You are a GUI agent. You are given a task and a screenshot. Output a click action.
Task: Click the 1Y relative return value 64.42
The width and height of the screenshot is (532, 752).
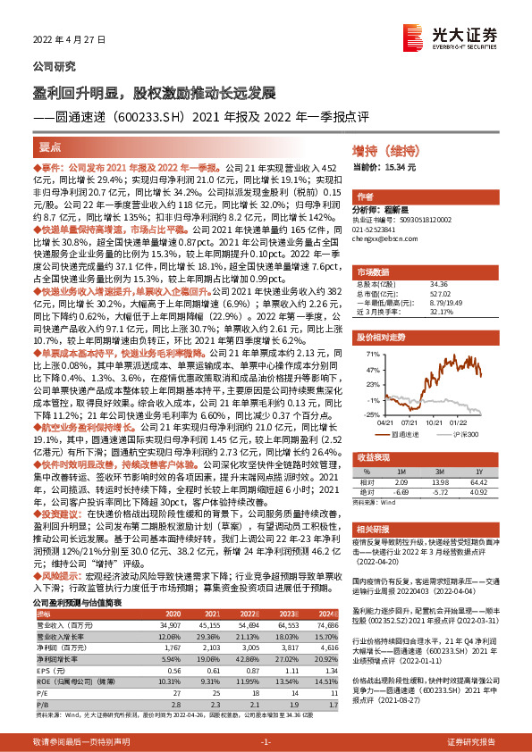coord(479,455)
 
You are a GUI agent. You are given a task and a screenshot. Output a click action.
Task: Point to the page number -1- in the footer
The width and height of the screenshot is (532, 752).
coord(265,743)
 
